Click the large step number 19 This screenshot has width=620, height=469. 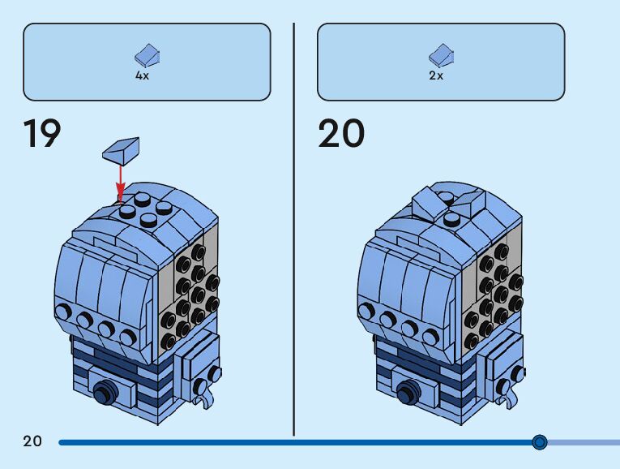(x=42, y=134)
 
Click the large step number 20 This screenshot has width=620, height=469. (x=341, y=134)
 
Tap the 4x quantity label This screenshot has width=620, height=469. (x=142, y=75)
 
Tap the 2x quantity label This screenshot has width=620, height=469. (x=436, y=75)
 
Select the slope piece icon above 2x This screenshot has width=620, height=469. (x=441, y=57)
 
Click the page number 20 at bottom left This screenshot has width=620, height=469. (x=32, y=441)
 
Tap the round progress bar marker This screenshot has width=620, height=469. (x=540, y=442)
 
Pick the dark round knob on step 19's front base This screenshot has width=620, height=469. (x=103, y=394)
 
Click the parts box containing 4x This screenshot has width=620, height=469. (x=147, y=62)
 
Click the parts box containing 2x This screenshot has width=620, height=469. (x=441, y=62)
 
